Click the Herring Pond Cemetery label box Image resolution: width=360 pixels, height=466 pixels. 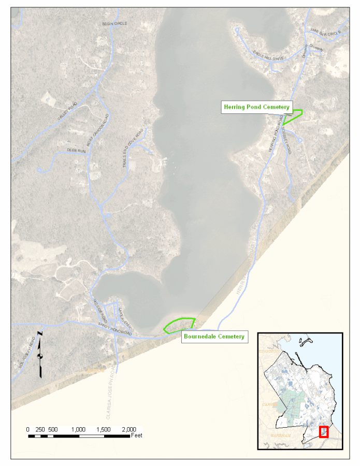(x=256, y=107)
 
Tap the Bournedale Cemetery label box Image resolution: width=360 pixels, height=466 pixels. (x=213, y=337)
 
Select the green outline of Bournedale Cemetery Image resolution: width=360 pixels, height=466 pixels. (x=179, y=325)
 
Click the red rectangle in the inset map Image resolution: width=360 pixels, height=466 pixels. (x=324, y=432)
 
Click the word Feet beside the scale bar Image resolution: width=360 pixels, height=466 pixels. (x=136, y=436)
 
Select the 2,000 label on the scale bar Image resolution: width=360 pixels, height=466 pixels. (x=128, y=430)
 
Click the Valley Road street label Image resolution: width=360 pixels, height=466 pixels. (x=67, y=113)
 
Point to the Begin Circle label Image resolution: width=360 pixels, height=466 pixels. (x=114, y=24)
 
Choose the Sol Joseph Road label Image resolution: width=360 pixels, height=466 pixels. (x=30, y=353)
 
